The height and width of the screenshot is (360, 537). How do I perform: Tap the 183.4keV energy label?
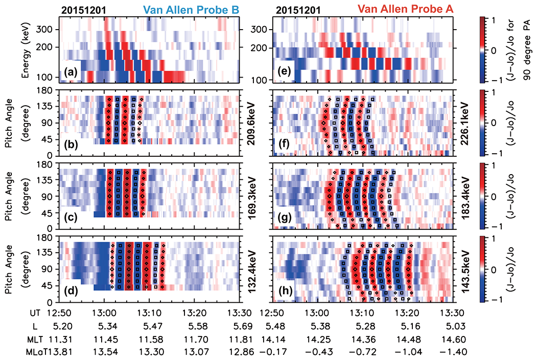(x=464, y=195)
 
